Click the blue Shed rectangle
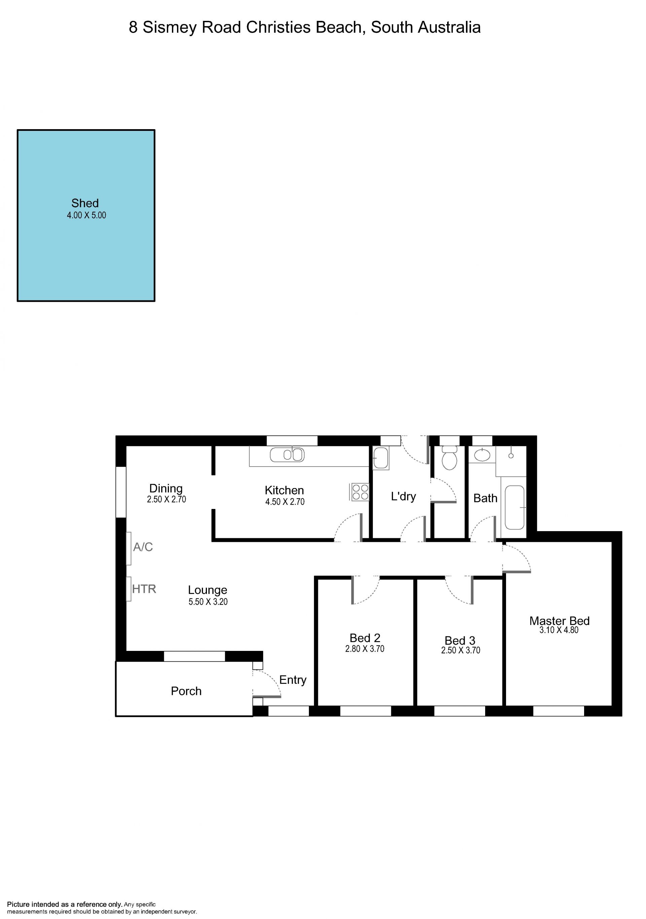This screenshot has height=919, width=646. coord(86,215)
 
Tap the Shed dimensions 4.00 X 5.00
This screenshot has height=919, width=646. coord(86,215)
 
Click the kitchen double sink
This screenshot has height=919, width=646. coord(287,455)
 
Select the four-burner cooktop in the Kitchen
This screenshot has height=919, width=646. coord(360,492)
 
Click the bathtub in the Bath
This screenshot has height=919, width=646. coord(514,508)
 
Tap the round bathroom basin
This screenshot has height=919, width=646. coord(482,455)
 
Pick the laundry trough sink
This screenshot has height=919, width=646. coord(381,458)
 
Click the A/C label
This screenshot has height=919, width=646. coord(143,547)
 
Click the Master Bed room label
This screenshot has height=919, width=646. coord(559,621)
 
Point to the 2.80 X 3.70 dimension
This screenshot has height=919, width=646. coord(365,649)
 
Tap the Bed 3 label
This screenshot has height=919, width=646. coord(460,641)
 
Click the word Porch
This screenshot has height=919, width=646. coord(186,691)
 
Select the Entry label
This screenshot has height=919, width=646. coord(293,680)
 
